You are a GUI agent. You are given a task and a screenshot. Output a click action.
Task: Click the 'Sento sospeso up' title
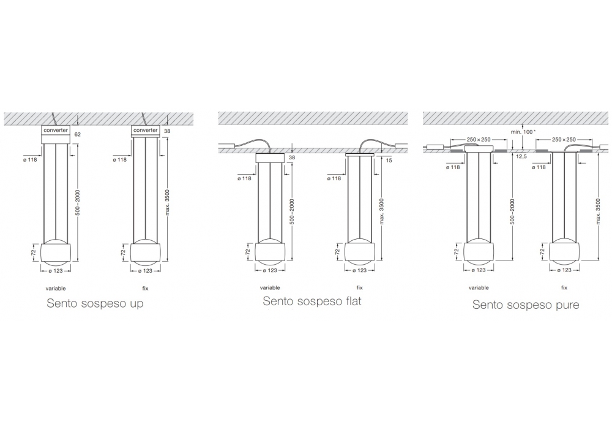pos(95,303)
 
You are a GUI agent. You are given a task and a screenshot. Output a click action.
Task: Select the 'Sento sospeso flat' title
pos(312,301)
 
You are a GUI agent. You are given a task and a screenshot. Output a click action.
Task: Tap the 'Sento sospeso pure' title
pos(525,305)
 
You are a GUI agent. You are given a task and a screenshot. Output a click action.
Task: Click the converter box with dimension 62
pos(56,134)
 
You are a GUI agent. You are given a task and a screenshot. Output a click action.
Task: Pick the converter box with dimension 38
pos(145,131)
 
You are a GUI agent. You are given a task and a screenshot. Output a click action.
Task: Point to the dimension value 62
pos(77,134)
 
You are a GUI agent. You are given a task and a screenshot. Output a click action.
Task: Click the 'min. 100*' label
pos(523,132)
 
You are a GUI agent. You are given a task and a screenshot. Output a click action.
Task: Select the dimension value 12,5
pos(521,156)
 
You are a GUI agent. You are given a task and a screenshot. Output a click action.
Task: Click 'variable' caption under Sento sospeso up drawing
pos(56,288)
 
